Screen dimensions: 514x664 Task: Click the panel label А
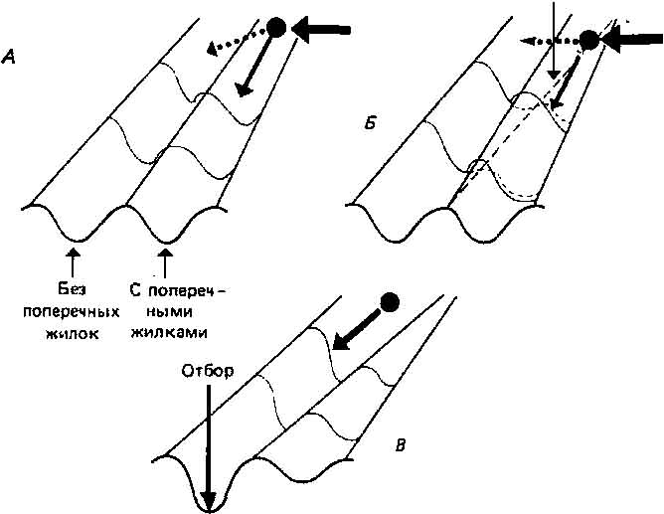tap(9, 59)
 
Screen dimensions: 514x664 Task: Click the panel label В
tap(400, 444)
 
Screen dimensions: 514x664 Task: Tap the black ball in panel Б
tap(588, 40)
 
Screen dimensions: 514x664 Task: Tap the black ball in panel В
tap(391, 300)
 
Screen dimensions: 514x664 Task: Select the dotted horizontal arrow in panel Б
tap(548, 42)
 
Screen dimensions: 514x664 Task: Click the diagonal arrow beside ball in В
tap(356, 329)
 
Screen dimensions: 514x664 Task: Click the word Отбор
tap(207, 373)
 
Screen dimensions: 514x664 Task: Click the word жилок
tap(73, 333)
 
